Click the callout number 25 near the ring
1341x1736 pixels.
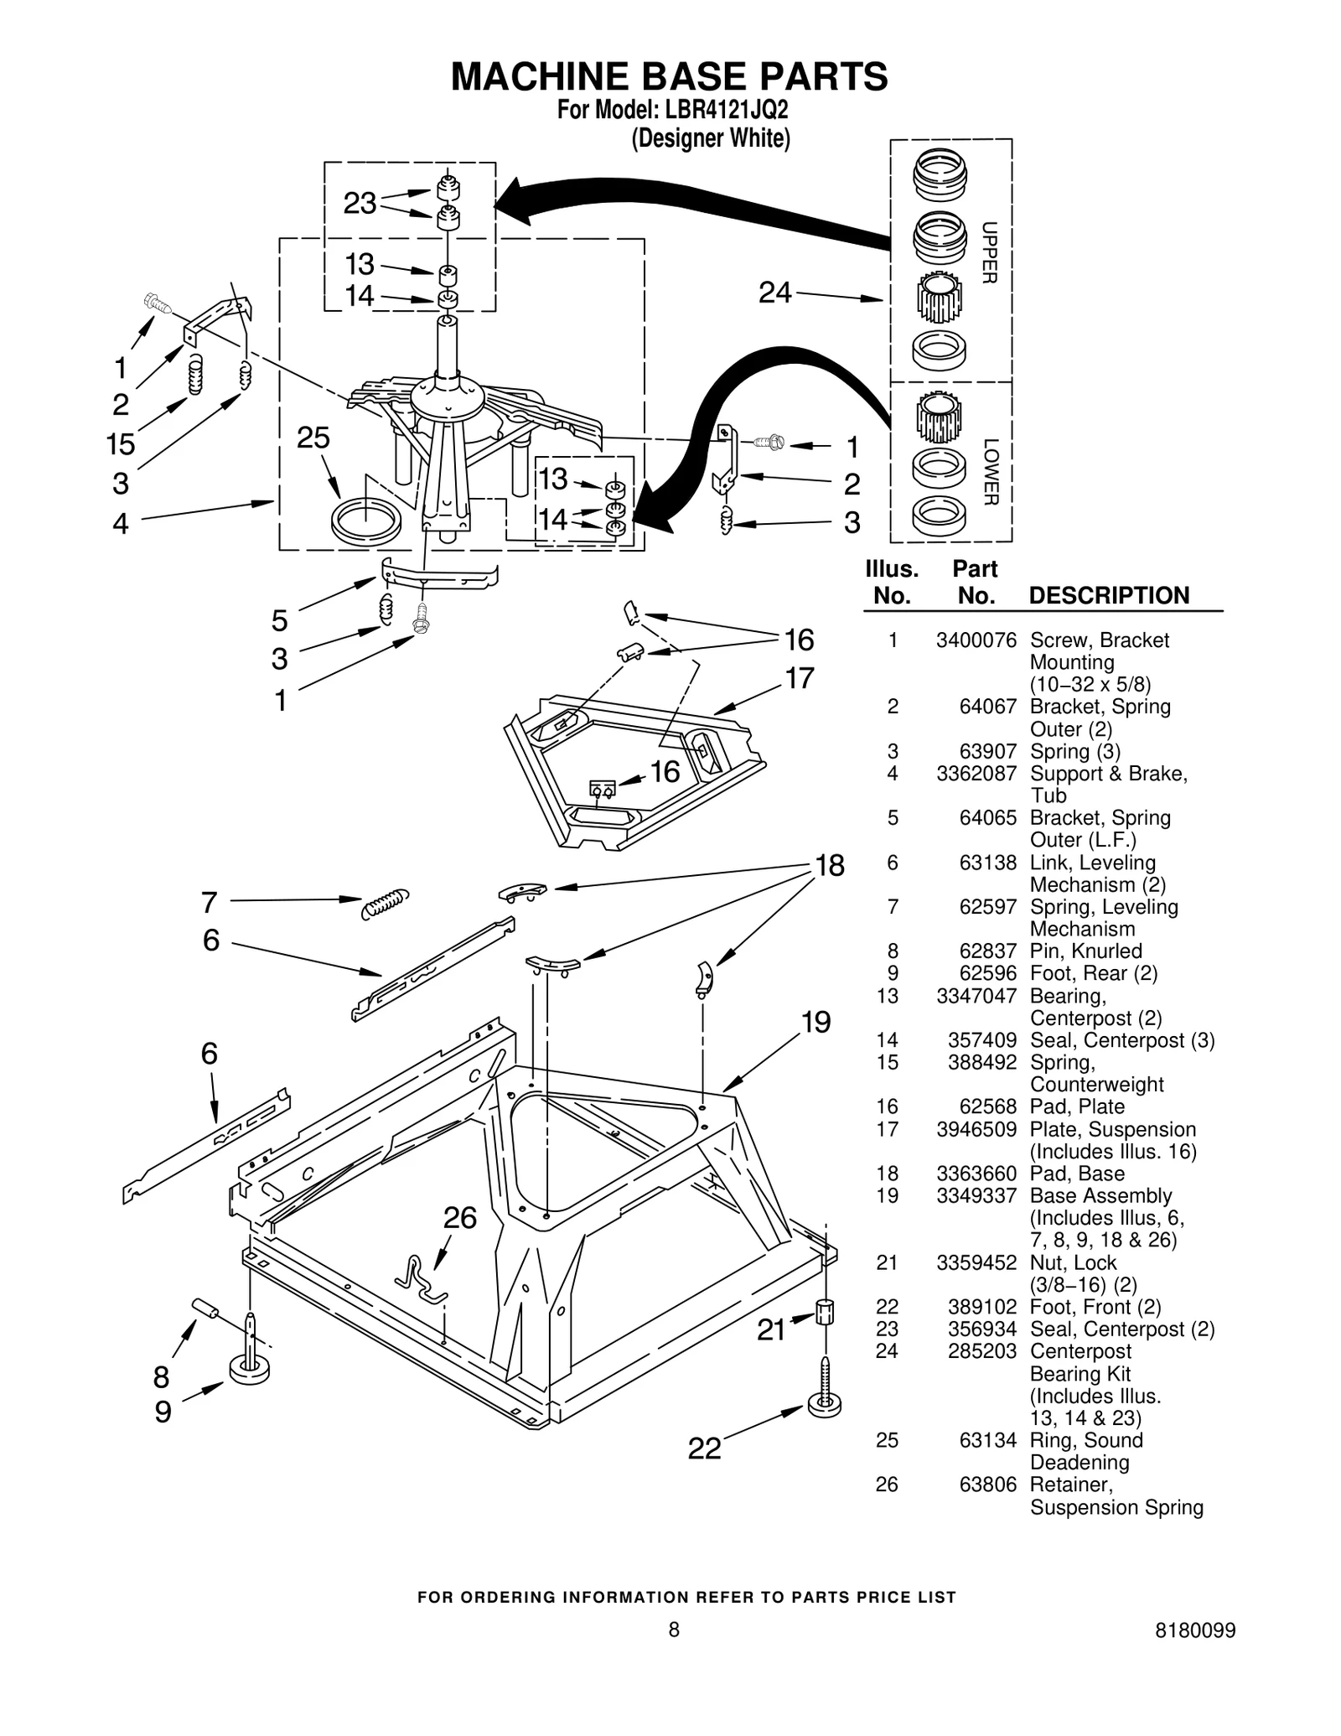pyautogui.click(x=313, y=438)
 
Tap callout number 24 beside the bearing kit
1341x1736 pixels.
pyautogui.click(x=774, y=293)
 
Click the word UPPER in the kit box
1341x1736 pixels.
pyautogui.click(x=989, y=252)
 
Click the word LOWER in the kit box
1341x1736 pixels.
pyautogui.click(x=990, y=472)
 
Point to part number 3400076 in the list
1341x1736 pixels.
pyautogui.click(x=976, y=640)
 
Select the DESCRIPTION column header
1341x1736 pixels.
pyautogui.click(x=1108, y=595)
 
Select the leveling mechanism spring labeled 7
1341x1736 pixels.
pyautogui.click(x=385, y=903)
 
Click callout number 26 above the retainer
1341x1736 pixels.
pyautogui.click(x=459, y=1217)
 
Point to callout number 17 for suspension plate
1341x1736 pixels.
pyautogui.click(x=799, y=677)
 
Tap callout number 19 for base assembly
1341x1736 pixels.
pyautogui.click(x=815, y=1022)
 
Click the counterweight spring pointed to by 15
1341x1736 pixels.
pyautogui.click(x=195, y=375)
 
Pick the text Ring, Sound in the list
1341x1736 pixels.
pyautogui.click(x=1085, y=1440)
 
